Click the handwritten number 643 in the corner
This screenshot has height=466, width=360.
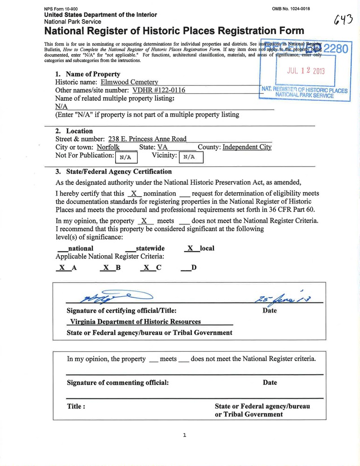[x=344, y=20]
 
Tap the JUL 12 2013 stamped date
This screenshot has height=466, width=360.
[x=305, y=71]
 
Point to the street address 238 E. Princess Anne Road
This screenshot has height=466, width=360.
[x=147, y=139]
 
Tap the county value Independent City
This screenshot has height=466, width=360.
[x=247, y=147]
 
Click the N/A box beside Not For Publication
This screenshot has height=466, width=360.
[x=125, y=157]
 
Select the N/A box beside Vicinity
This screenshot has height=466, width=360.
[x=189, y=157]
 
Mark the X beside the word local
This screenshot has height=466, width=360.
[x=190, y=249]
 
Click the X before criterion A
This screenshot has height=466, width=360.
[x=61, y=268]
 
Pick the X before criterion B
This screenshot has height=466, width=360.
[x=106, y=268]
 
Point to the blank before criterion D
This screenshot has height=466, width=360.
[x=185, y=268]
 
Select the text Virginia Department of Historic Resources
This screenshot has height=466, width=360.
[x=135, y=322]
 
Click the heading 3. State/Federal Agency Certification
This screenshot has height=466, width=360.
[x=113, y=172]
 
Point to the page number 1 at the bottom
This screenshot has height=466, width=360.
[x=185, y=435]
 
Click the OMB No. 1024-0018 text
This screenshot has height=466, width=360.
[x=291, y=9]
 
